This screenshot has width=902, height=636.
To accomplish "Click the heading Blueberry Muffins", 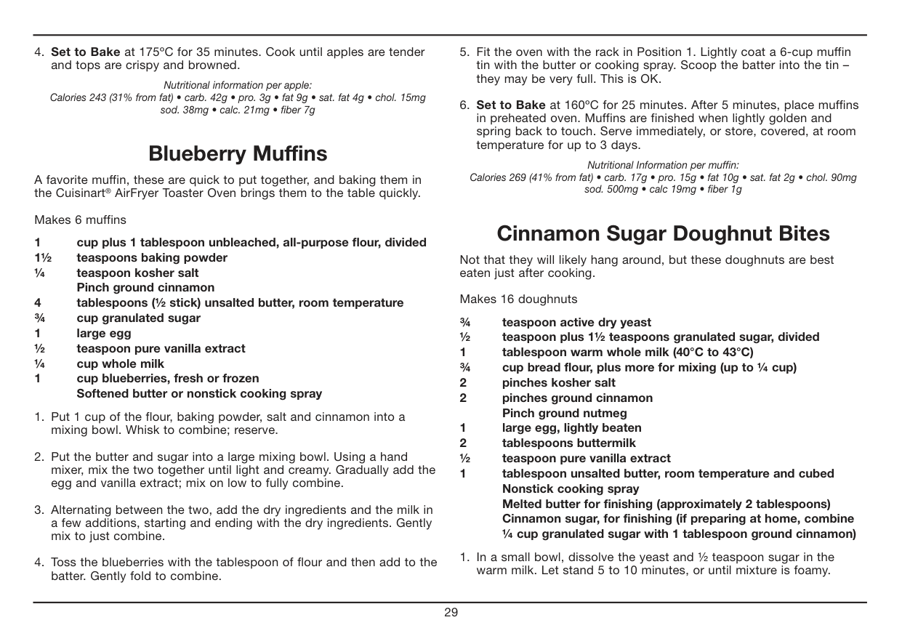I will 238,154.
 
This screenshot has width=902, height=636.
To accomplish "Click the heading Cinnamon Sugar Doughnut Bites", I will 663,234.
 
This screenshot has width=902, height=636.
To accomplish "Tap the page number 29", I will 451,612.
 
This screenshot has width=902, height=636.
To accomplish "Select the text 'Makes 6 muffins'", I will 80,220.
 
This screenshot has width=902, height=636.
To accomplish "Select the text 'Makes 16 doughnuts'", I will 518,299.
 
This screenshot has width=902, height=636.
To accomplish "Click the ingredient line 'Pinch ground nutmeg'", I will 565,413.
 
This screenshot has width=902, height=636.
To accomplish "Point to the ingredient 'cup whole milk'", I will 121,363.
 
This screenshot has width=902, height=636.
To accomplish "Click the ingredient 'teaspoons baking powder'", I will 152,257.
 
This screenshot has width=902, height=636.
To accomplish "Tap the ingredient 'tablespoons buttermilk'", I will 568,443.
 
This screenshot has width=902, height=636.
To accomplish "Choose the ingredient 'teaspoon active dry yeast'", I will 576,322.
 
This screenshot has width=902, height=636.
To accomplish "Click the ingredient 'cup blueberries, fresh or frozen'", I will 168,378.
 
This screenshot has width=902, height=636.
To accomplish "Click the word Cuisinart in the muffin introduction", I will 80,193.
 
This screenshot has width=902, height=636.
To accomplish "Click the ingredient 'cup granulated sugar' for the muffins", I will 139,318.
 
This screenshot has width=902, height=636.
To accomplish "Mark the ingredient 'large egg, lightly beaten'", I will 572,427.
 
